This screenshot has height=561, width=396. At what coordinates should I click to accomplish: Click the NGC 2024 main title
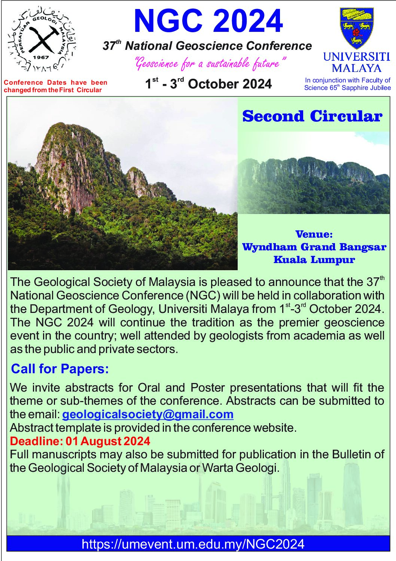tap(208, 21)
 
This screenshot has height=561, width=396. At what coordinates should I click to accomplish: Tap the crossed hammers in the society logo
tap(42, 40)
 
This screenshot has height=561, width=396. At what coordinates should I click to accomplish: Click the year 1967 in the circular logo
tap(42, 57)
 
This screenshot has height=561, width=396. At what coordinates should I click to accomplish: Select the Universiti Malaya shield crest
tap(357, 28)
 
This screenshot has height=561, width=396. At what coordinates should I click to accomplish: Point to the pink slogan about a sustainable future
tap(210, 63)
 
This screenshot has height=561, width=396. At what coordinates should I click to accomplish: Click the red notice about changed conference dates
tap(55, 86)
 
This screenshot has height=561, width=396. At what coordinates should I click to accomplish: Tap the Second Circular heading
tap(312, 116)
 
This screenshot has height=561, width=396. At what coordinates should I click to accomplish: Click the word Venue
tap(314, 234)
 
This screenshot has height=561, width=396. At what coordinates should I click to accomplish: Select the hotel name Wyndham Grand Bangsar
tap(314, 247)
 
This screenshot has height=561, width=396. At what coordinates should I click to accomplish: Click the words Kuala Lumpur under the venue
tap(314, 260)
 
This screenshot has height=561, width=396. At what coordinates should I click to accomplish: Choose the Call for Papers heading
tap(60, 369)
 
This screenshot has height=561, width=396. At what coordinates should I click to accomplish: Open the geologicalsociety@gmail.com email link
tap(147, 414)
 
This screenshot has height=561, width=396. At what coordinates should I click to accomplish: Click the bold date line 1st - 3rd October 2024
tap(208, 84)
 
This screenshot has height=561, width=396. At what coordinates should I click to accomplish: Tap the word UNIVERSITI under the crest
tap(357, 57)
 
